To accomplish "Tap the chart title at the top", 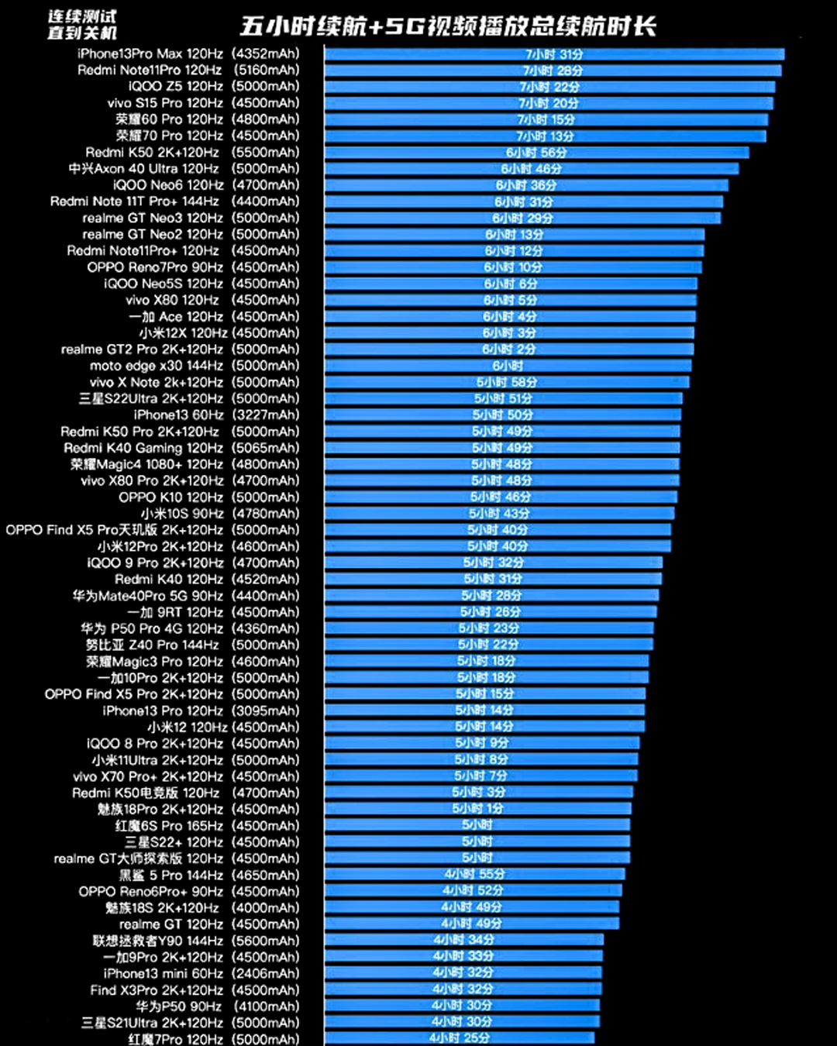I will [x=448, y=26].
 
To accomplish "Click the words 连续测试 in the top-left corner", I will [x=81, y=16].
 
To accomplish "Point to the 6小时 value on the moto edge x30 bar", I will [x=508, y=366].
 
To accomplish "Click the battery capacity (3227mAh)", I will [x=266, y=415].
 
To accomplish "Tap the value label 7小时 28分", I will [x=553, y=71].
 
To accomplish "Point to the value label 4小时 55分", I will [x=474, y=874].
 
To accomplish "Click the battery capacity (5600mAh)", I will [x=266, y=941].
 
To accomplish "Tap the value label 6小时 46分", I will [x=531, y=169].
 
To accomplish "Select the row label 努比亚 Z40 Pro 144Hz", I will [x=152, y=645].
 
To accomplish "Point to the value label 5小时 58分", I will [x=506, y=382].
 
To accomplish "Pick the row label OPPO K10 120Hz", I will [x=170, y=497].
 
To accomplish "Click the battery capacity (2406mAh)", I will [x=266, y=973].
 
